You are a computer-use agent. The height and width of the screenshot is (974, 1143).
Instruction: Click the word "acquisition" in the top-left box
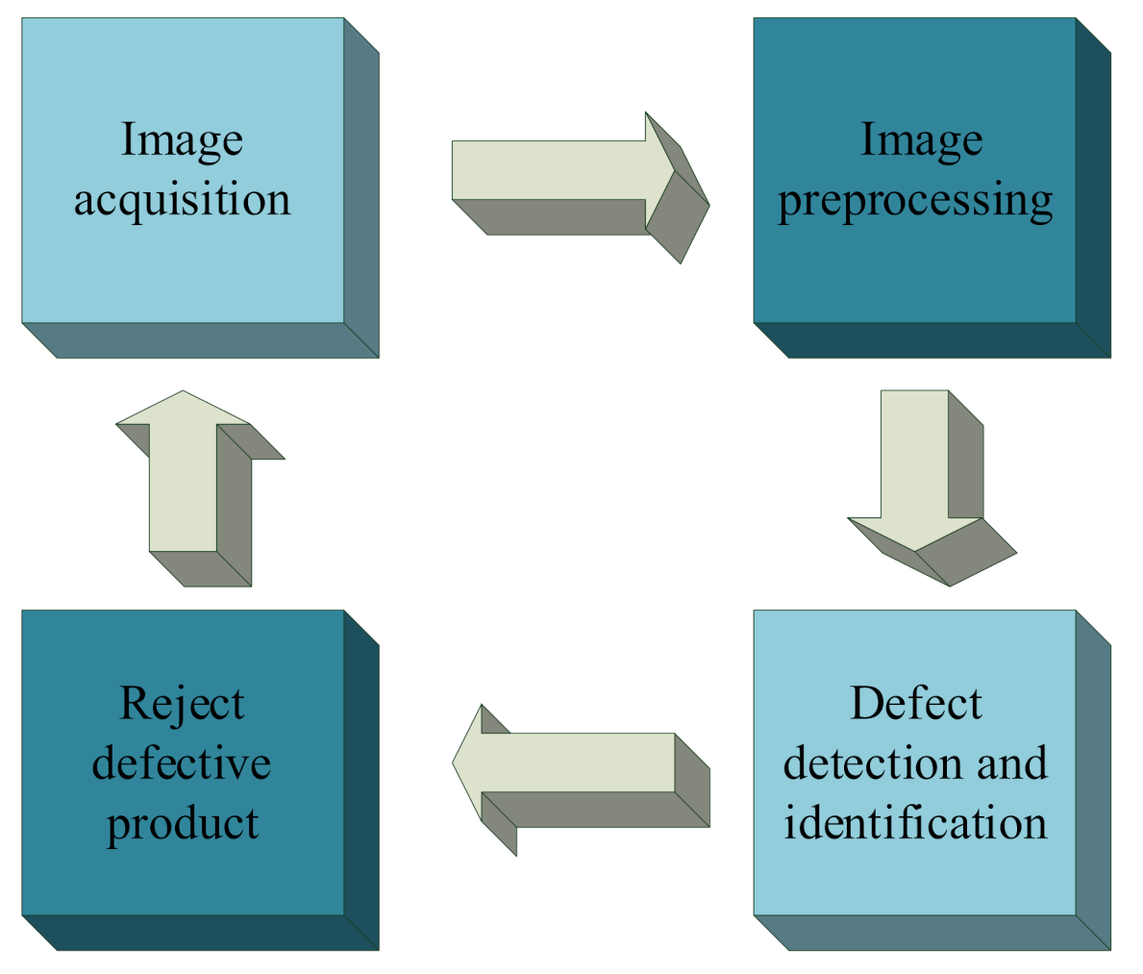click(x=183, y=200)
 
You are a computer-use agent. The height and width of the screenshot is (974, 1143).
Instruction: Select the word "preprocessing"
click(x=915, y=202)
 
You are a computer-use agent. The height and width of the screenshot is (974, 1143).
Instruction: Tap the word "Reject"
click(x=182, y=704)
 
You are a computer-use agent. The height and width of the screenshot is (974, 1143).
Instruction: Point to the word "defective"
click(x=182, y=763)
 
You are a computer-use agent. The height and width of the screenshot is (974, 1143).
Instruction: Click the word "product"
click(x=183, y=824)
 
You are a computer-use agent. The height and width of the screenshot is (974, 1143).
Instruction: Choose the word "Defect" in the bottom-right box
click(x=915, y=704)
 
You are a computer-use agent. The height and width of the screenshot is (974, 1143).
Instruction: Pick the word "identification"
click(x=915, y=823)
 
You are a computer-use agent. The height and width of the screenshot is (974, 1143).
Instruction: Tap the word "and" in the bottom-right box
click(x=1011, y=763)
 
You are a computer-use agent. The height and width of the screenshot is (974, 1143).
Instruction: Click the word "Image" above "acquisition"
click(x=182, y=140)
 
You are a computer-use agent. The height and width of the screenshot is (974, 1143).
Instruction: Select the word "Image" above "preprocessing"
click(x=921, y=140)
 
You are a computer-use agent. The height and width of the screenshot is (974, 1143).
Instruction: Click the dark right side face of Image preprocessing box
click(x=1093, y=187)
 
